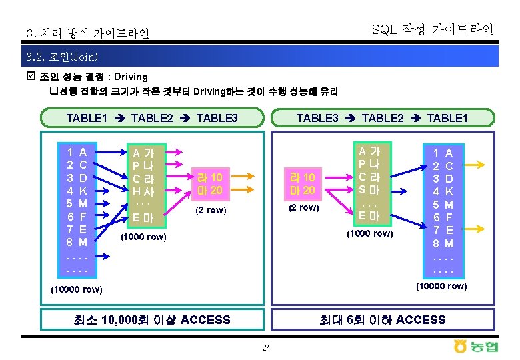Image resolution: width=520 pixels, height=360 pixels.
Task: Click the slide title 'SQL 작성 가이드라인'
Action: [x=433, y=29]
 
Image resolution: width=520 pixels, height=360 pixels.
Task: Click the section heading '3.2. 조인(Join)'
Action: [x=61, y=56]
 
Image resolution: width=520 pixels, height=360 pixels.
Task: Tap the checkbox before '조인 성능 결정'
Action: [x=31, y=77]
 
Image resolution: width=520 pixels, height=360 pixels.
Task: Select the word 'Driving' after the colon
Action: [x=131, y=77]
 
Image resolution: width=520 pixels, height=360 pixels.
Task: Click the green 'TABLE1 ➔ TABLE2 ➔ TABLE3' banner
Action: [x=151, y=118]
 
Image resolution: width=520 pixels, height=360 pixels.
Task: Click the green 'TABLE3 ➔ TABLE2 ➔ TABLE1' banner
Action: [x=382, y=118]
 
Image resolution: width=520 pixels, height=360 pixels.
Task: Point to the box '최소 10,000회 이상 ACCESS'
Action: [x=155, y=319]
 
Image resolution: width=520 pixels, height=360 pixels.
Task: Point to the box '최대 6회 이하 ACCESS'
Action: [x=383, y=319]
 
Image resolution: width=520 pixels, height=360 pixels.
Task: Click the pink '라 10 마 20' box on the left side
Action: [x=209, y=183]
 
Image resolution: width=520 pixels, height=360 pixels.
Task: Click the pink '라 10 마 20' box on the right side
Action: [x=302, y=183]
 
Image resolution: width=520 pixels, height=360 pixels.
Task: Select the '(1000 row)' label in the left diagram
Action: [x=143, y=237]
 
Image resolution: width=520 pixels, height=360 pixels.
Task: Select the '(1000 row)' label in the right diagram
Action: [x=370, y=233]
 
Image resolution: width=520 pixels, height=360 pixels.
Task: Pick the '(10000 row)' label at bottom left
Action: [x=77, y=289]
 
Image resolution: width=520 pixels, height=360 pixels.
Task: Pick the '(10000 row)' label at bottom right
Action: [x=441, y=286]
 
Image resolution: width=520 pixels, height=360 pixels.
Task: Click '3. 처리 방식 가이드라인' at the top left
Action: [x=87, y=33]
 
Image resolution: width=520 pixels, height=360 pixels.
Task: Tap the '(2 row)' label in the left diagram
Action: [x=210, y=211]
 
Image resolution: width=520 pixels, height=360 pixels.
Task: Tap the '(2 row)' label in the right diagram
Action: [x=303, y=207]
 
